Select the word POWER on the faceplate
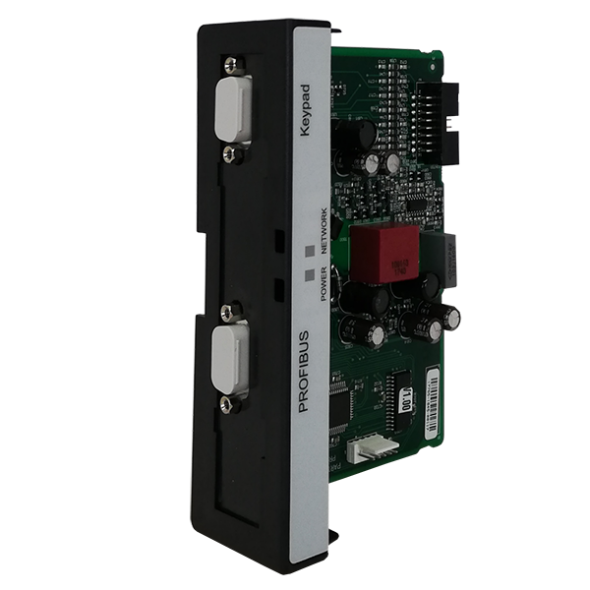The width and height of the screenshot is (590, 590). coord(322,282)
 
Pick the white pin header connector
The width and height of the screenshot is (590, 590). coord(374,449)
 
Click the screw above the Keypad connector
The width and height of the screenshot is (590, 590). coord(232,65)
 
